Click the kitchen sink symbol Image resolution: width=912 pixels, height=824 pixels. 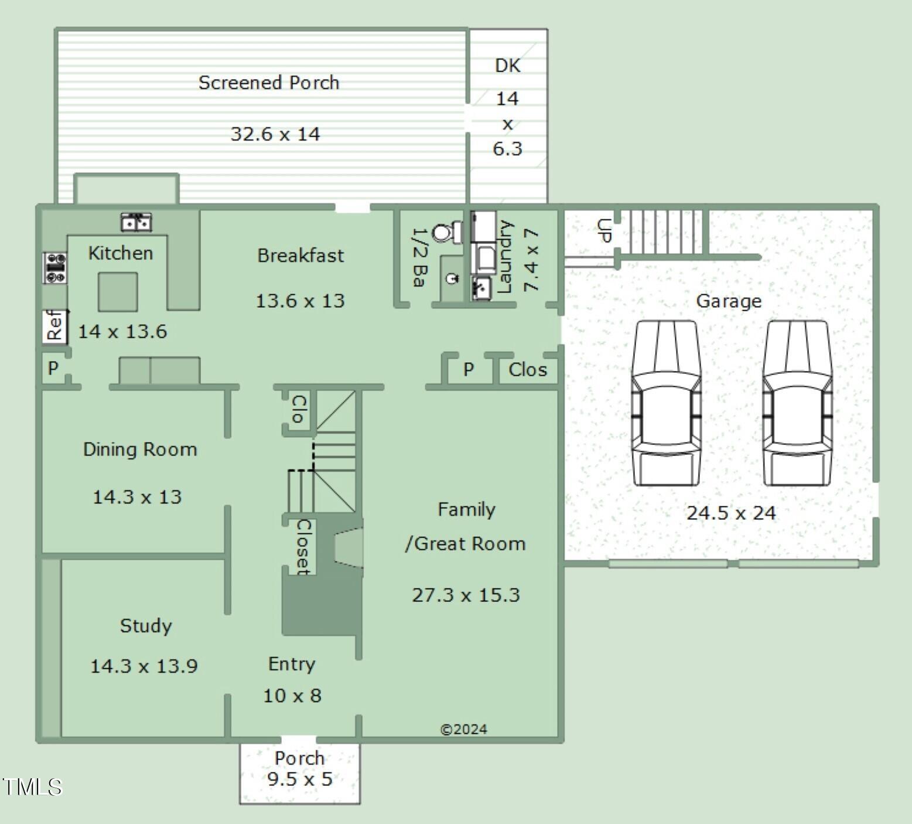coord(136,222)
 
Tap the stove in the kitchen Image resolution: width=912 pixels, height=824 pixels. coord(55,268)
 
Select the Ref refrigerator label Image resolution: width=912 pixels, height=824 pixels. coord(54,325)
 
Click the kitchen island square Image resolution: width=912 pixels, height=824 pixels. coord(118,292)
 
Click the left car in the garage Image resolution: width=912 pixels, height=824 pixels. coord(666,403)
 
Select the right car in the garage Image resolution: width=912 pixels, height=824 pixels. coord(797,403)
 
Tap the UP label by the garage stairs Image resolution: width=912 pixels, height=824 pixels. coord(604,230)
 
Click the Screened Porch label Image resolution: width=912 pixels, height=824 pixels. coord(269,83)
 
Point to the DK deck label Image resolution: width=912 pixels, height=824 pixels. coord(508,66)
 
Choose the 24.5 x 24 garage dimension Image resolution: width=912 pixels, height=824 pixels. coord(731,513)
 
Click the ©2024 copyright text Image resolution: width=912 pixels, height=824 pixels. coord(463,729)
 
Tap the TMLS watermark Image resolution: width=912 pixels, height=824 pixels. coord(32,786)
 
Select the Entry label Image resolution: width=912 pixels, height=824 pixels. coord(292,664)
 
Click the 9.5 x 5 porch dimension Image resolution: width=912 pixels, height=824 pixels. coord(300,779)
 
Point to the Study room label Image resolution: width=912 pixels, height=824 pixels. coord(146,626)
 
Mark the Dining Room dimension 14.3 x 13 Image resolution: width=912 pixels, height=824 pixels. coord(137,497)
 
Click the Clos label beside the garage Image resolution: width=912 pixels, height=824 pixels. coord(528,370)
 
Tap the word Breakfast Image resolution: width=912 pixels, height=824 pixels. coord(300,256)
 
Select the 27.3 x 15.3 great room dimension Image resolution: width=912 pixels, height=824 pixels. coord(466,595)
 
